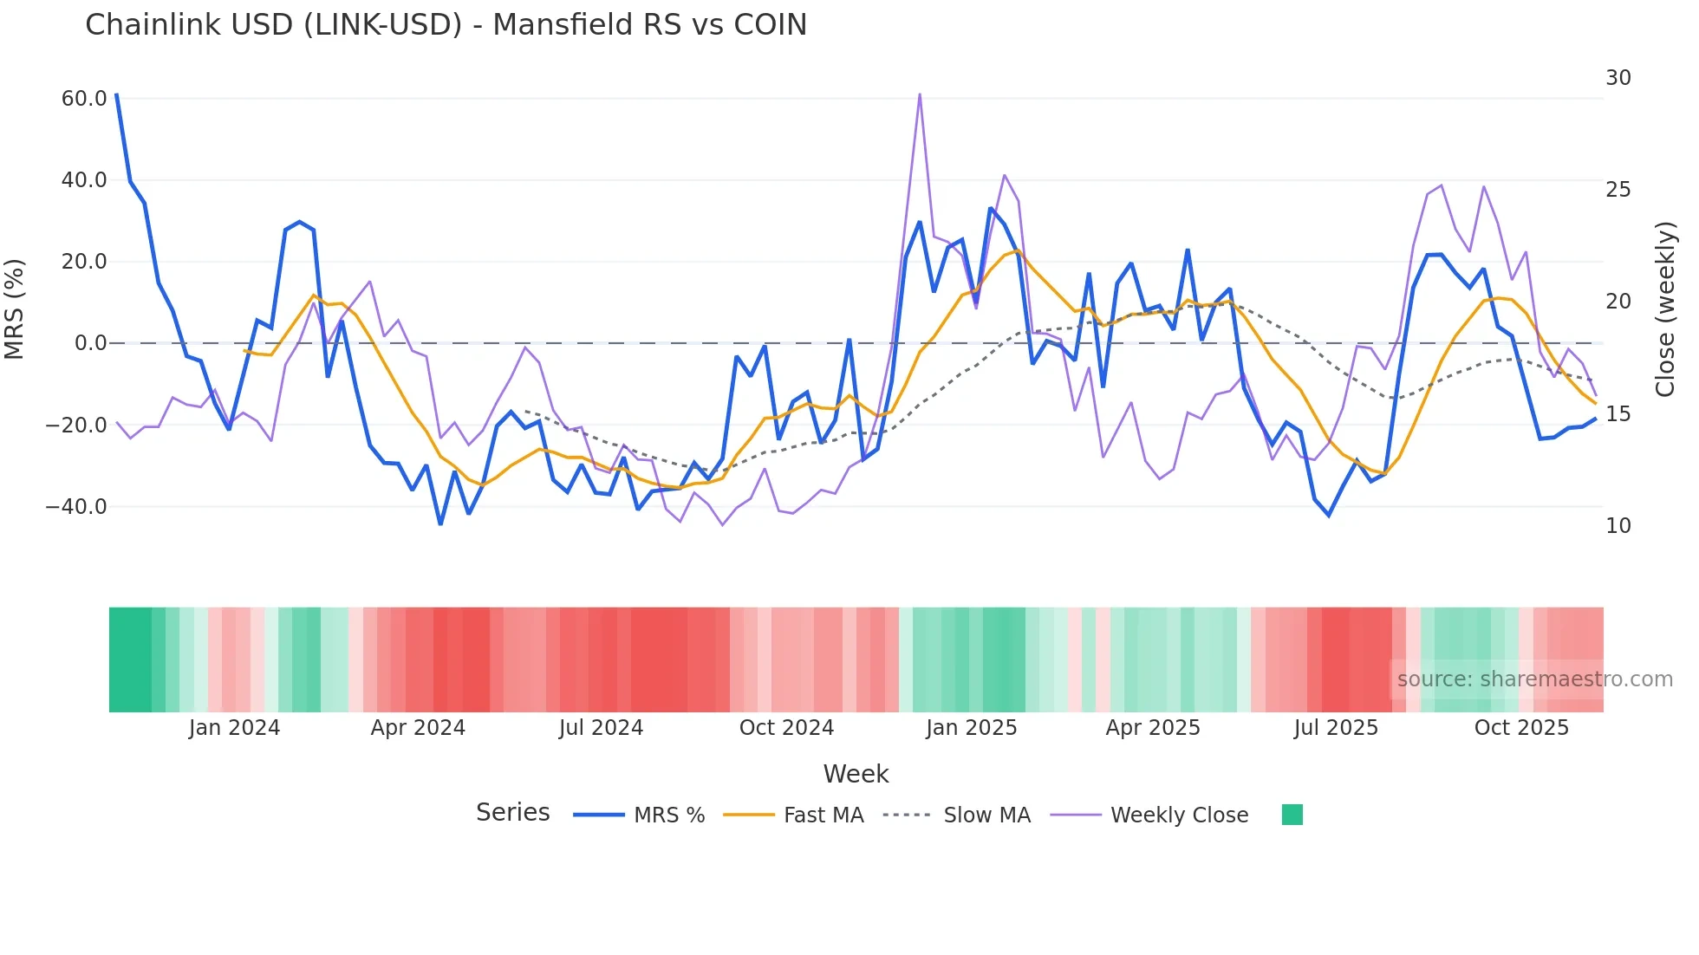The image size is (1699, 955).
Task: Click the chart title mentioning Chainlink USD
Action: click(446, 24)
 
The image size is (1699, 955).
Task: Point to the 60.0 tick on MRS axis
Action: click(84, 99)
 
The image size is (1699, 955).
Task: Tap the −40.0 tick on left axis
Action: click(76, 506)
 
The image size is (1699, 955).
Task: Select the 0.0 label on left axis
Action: click(90, 343)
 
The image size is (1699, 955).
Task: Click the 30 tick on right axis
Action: click(1618, 78)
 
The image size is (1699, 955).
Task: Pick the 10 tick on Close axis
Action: click(1618, 525)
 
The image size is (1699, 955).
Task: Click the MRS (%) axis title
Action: click(15, 309)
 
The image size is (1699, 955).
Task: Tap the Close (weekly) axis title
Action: click(1664, 309)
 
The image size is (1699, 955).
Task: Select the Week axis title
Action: click(856, 774)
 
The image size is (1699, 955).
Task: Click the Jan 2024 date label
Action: click(234, 728)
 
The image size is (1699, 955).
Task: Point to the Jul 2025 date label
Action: click(1336, 728)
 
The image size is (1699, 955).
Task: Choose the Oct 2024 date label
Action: click(786, 728)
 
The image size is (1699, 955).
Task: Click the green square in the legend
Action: click(1292, 815)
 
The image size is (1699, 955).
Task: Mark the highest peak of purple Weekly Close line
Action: click(919, 94)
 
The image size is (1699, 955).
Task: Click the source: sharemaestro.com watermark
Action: click(1534, 679)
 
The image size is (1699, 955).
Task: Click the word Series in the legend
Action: click(512, 813)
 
